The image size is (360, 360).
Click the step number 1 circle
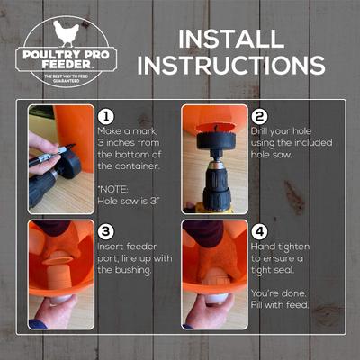click(105, 117)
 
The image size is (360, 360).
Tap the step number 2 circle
click(258, 117)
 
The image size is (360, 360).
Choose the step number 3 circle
click(105, 230)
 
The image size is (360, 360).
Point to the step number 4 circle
click(258, 230)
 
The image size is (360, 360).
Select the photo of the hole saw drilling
click(214, 158)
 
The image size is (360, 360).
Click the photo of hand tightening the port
click(214, 274)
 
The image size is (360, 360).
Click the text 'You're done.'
click(278, 293)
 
